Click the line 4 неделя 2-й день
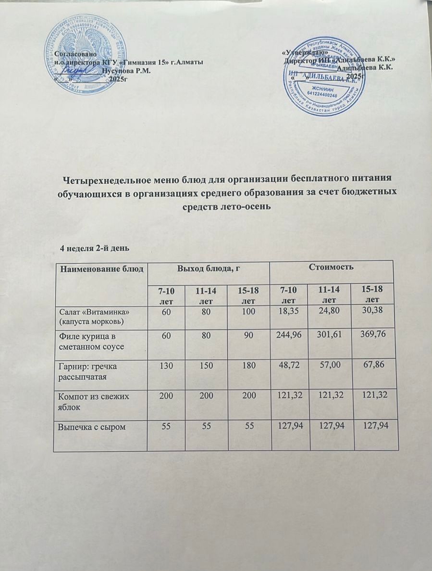point(94,248)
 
